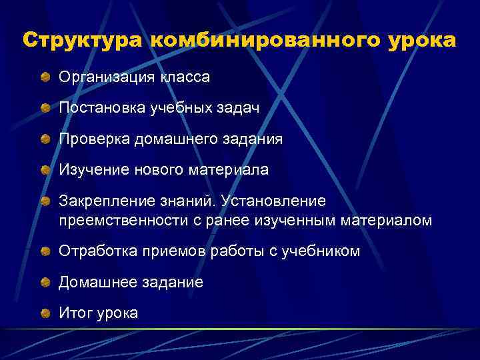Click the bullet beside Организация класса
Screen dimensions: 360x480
pyautogui.click(x=45, y=78)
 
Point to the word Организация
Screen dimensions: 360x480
pyautogui.click(x=107, y=77)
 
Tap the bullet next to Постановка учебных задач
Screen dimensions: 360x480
pyautogui.click(x=45, y=109)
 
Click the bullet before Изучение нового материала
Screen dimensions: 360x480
pyautogui.click(x=45, y=170)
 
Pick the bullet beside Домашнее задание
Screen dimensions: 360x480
pyautogui.click(x=45, y=283)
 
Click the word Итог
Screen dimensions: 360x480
pyautogui.click(x=76, y=313)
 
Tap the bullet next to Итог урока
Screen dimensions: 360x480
pyautogui.click(x=45, y=313)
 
